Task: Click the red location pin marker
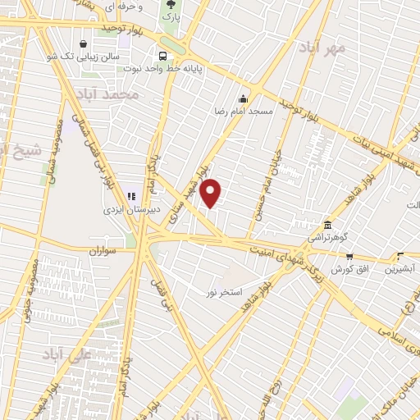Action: (211, 193)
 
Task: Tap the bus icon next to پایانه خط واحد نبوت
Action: (162, 57)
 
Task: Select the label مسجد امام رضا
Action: (244, 109)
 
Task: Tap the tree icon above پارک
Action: (172, 4)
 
